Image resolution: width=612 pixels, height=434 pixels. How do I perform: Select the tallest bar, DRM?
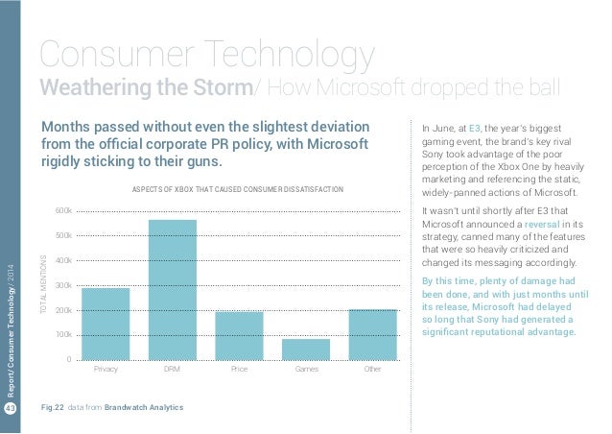point(173,289)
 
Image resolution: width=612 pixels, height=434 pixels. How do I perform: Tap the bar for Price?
point(239,335)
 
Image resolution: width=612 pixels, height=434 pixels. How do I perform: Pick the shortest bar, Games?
point(306,349)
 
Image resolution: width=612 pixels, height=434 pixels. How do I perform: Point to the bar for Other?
point(373,334)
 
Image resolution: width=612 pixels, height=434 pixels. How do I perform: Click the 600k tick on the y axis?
point(63,210)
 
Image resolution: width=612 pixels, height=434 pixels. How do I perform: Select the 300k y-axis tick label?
point(63,285)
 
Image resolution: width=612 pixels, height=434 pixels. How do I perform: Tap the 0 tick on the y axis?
point(68,360)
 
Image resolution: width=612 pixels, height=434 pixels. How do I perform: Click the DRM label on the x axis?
point(173,369)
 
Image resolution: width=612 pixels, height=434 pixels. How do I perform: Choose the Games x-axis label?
point(306,369)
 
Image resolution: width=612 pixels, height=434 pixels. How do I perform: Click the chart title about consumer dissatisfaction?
point(237,190)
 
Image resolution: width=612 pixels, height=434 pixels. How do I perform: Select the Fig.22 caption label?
point(69,408)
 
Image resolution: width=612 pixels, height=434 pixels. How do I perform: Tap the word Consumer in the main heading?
point(114,55)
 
